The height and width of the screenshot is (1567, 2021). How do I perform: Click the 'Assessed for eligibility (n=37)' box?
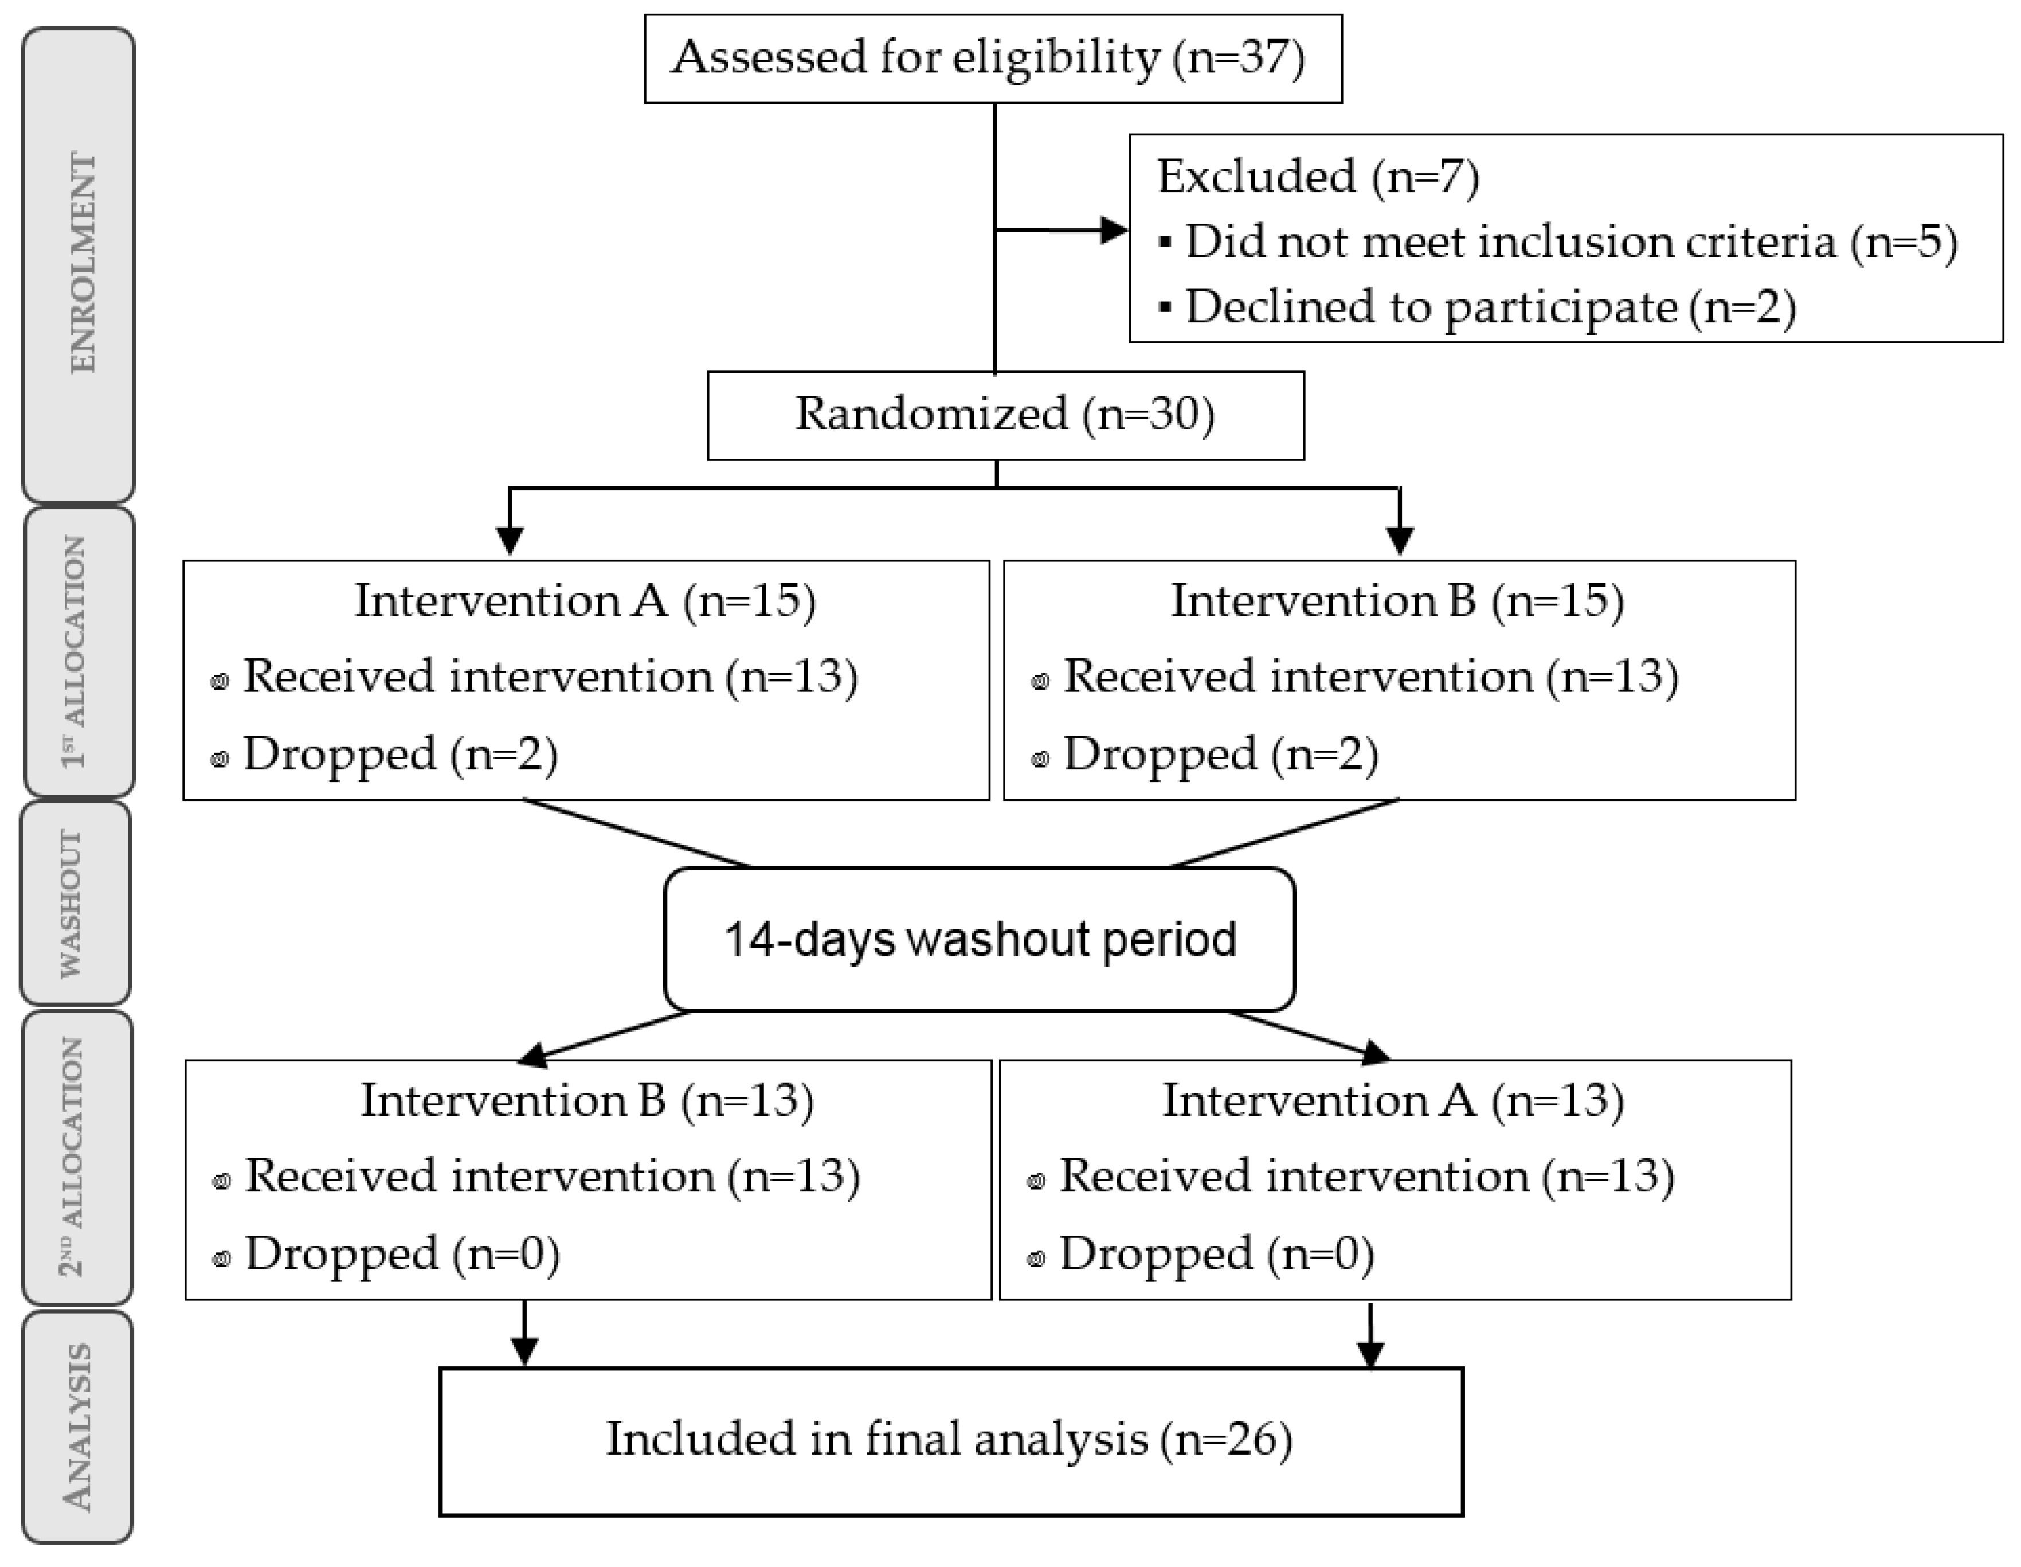992,58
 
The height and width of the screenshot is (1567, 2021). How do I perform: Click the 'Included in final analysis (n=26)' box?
950,1440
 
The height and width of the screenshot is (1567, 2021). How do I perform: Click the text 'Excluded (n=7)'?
1318,176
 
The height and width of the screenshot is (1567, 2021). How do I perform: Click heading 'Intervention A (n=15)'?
585,601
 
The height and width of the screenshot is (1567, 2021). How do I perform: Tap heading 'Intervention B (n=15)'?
1397,601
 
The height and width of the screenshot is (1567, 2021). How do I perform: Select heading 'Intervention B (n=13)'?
587,1100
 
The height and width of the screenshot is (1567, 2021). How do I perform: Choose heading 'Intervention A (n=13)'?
1393,1100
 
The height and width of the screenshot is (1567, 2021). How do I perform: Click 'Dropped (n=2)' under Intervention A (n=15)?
399,755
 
